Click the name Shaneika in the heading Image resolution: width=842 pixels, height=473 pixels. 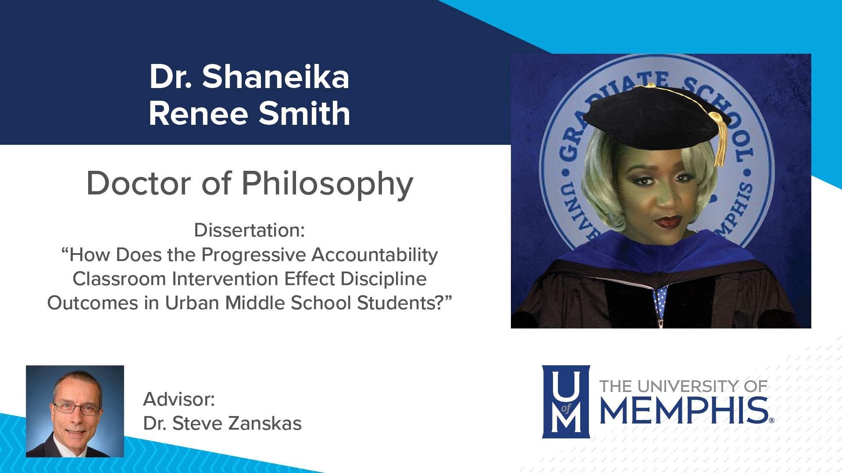coord(275,77)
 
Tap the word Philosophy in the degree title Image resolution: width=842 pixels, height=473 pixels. coord(327,184)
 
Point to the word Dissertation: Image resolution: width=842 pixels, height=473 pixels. coord(249,230)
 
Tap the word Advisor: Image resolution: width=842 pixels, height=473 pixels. coord(179,399)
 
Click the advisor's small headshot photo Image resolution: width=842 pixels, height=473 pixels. coord(75,411)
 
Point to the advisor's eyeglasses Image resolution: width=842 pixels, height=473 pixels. coord(77,409)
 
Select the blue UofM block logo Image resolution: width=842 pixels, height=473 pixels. coord(566,402)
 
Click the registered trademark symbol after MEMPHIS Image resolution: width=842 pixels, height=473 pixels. coord(771,420)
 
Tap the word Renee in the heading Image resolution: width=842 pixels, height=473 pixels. coord(199,114)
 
